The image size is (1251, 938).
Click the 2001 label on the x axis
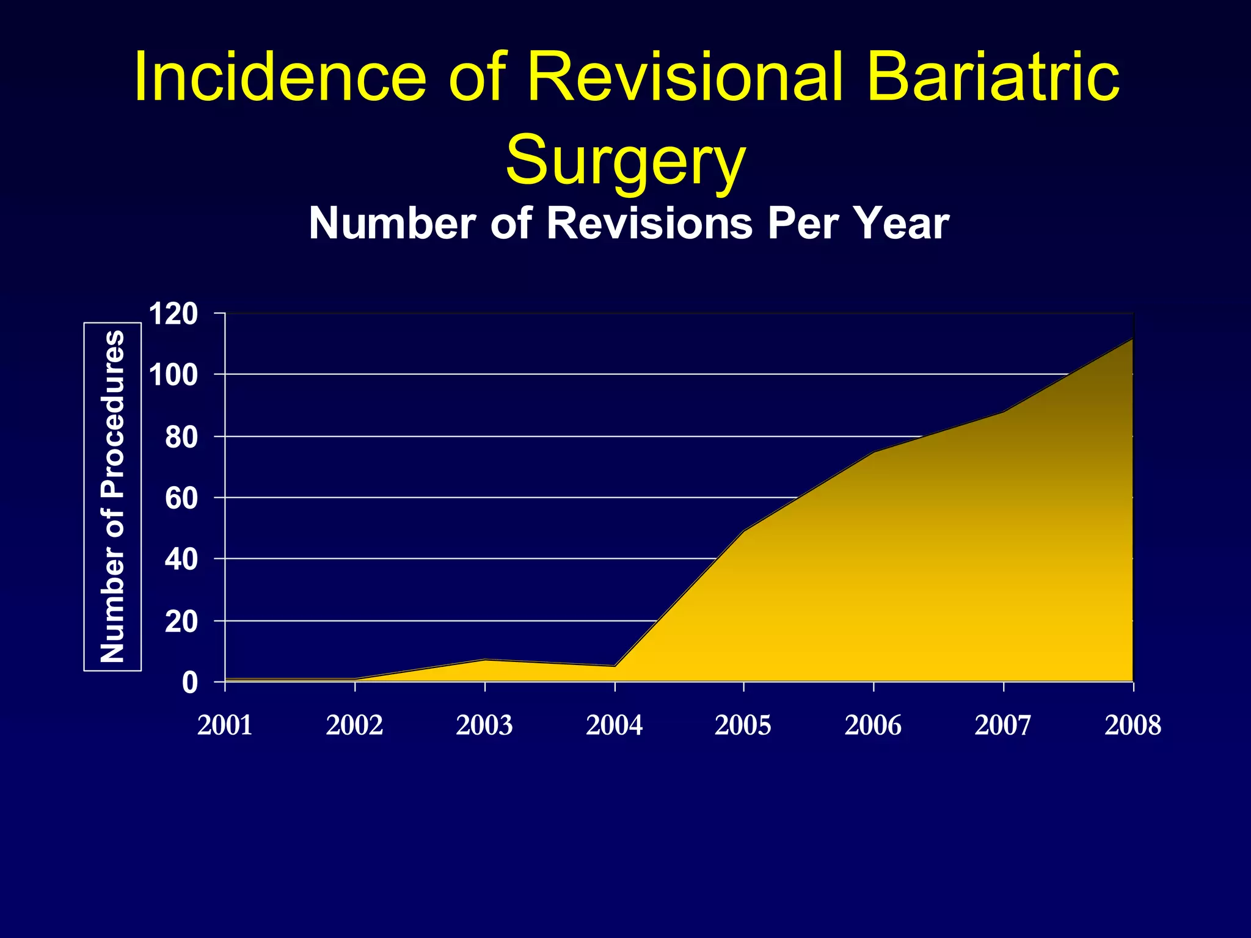[x=225, y=725]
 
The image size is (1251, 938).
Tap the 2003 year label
[x=484, y=725]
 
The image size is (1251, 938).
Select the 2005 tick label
[x=743, y=725]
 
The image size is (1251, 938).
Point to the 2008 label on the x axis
[x=1132, y=725]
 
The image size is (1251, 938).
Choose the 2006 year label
[x=873, y=725]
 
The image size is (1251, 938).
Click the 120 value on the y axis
[x=173, y=314]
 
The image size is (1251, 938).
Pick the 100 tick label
[x=173, y=375]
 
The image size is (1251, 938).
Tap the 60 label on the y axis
[x=181, y=498]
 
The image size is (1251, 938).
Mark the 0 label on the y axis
[x=190, y=683]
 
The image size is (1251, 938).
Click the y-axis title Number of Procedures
[x=113, y=496]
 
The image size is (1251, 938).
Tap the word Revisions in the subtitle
[x=649, y=224]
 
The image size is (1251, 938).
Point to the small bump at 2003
[x=484, y=660]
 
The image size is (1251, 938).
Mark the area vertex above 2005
[x=743, y=531]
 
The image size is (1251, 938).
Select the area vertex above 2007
[x=1003, y=412]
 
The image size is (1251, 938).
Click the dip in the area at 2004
[x=615, y=666]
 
